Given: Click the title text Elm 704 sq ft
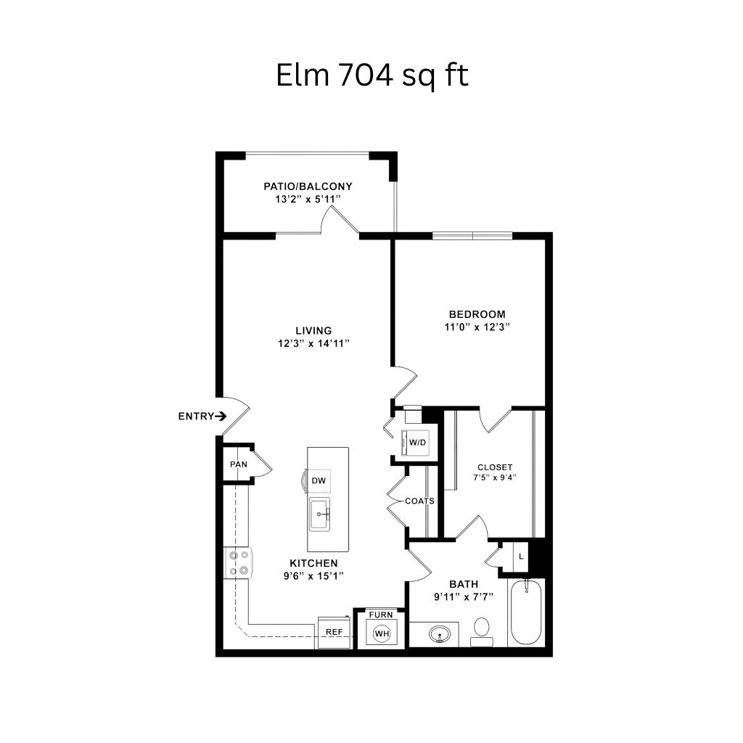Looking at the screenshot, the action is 372,75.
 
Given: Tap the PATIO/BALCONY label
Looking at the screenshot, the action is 308,186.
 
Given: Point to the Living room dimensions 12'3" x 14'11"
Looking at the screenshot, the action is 313,343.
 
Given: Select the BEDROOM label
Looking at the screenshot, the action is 477,314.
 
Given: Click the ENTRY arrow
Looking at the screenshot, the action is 221,416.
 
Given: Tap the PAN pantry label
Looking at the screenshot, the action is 239,464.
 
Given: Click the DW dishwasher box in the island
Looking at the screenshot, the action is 319,480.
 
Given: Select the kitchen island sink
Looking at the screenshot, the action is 320,514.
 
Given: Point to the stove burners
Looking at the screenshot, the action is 239,562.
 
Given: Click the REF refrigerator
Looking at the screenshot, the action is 334,632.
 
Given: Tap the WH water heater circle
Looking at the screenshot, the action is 382,633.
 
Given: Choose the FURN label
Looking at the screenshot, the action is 381,615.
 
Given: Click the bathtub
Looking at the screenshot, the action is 526,612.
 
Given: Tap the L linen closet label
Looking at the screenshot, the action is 521,557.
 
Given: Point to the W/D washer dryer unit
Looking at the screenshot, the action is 415,443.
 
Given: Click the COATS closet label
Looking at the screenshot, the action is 420,501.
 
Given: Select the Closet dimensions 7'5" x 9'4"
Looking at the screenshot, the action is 495,477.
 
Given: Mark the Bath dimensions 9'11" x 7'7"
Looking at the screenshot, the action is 464,597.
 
